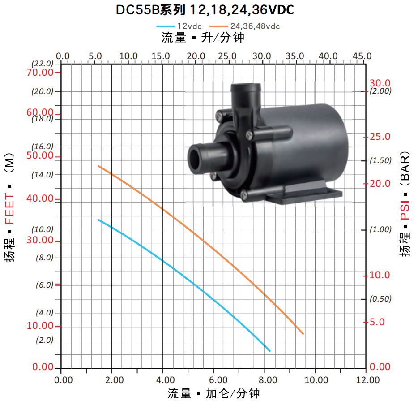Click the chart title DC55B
point(137,9)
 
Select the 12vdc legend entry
point(179,26)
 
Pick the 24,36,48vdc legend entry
point(244,26)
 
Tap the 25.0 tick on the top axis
point(227,56)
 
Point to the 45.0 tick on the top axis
point(362,56)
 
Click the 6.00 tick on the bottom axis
point(218,379)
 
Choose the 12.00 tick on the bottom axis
point(367,379)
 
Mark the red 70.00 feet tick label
point(40,72)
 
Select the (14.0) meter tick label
point(43,174)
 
